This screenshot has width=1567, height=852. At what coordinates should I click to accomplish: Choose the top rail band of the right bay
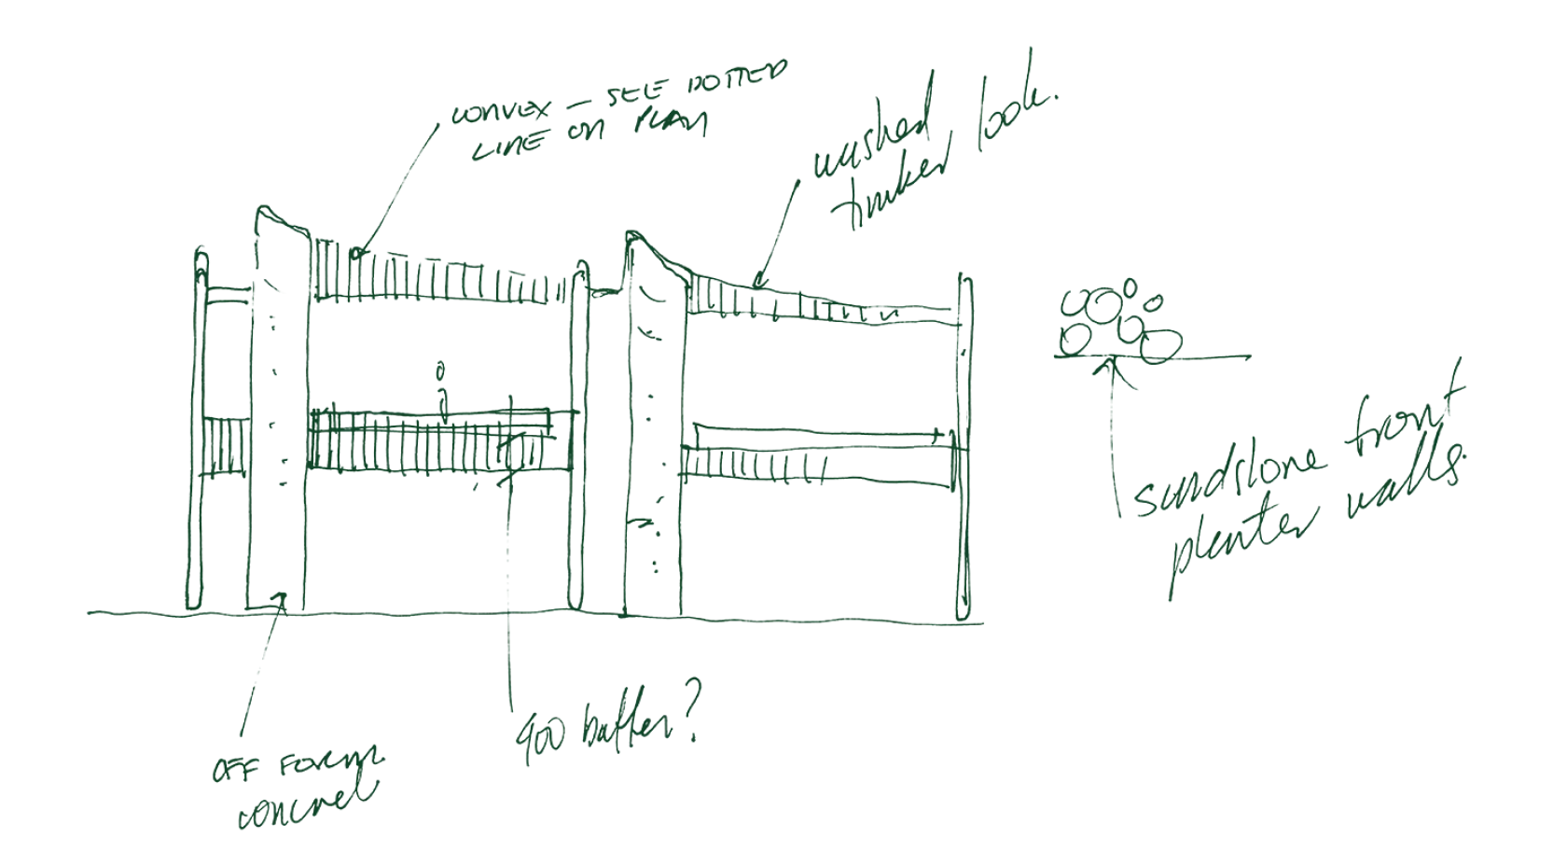pos(821,306)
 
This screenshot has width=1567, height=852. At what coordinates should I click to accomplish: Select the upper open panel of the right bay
pos(821,373)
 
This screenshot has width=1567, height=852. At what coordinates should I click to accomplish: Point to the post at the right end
pos(966,448)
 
